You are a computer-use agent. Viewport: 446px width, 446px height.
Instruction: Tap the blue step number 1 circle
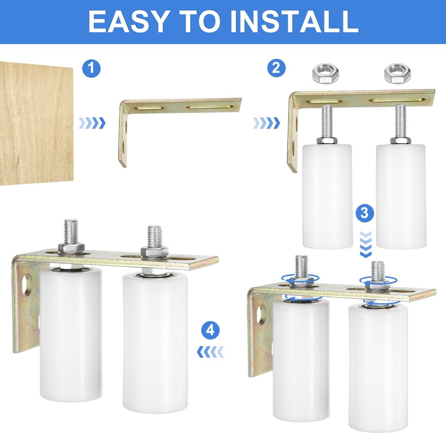click(x=92, y=69)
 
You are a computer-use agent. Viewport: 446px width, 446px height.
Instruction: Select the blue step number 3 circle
click(x=365, y=213)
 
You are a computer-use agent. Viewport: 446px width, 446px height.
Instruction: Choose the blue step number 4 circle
click(x=211, y=330)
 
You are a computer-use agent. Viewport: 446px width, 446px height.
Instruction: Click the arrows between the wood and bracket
click(x=92, y=123)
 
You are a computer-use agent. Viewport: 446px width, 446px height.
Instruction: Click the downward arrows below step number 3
click(x=365, y=245)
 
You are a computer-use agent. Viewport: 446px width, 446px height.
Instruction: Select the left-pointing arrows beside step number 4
click(x=210, y=352)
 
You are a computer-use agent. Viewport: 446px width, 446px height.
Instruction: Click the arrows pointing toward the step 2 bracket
click(x=266, y=123)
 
